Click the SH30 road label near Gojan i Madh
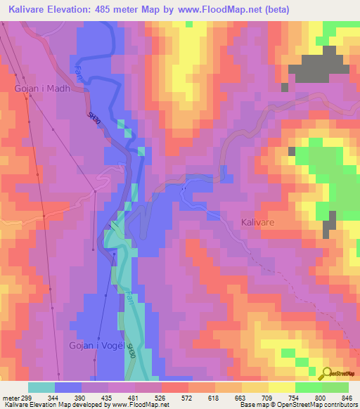click(x=94, y=118)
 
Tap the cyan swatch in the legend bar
click(x=41, y=387)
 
